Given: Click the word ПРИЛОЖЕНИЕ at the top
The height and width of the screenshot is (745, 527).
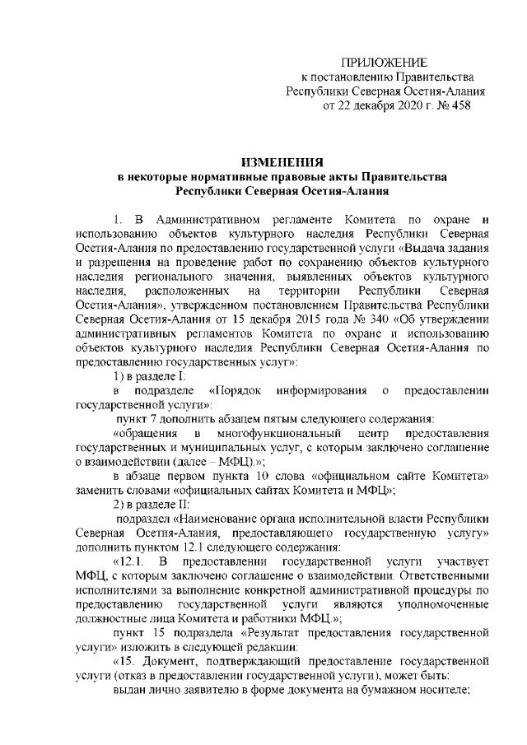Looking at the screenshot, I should point(385,63).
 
